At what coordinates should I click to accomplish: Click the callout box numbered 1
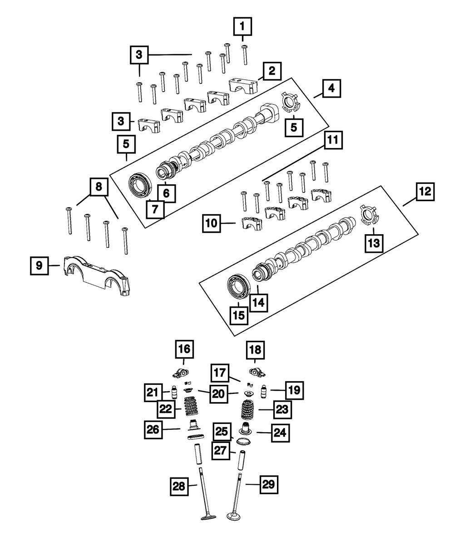(242, 26)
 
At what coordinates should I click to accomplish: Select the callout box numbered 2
(272, 71)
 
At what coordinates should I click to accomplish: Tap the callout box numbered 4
(331, 88)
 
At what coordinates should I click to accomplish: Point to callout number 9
(39, 266)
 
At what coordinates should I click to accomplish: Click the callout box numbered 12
(425, 192)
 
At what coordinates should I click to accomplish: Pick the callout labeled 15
(239, 315)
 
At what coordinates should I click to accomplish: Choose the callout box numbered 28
(179, 487)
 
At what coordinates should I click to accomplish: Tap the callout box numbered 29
(269, 484)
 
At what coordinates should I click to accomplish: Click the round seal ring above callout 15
(239, 286)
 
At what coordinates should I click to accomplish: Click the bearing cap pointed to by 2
(243, 86)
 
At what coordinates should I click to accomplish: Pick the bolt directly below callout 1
(244, 55)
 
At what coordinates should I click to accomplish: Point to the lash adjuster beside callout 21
(174, 393)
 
